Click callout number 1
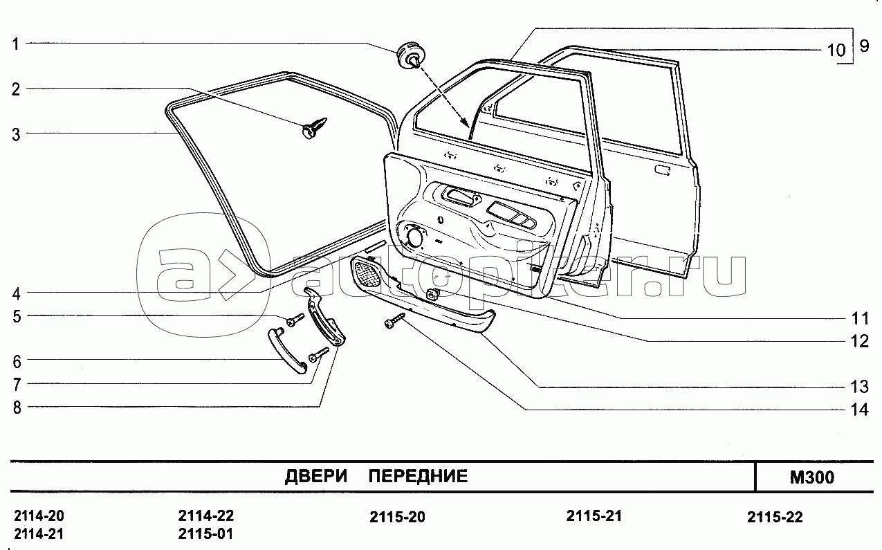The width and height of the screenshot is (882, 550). (15, 44)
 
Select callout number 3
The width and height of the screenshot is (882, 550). (15, 133)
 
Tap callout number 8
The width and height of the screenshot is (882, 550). (15, 407)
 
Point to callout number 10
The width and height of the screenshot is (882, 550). (835, 50)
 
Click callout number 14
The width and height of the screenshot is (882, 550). (858, 410)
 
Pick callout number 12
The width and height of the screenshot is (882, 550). (859, 341)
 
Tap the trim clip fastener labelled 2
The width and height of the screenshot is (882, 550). (315, 129)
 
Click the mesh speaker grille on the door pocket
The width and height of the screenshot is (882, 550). (367, 273)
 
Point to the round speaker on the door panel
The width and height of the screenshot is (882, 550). (415, 237)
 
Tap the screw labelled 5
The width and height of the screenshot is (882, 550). (295, 320)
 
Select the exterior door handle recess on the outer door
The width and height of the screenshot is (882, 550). (662, 169)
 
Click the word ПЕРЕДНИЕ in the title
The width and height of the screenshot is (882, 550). (417, 476)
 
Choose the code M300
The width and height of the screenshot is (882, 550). (811, 477)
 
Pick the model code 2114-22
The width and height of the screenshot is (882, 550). (205, 516)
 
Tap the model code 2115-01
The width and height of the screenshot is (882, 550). (205, 534)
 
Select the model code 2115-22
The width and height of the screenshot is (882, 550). (775, 517)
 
